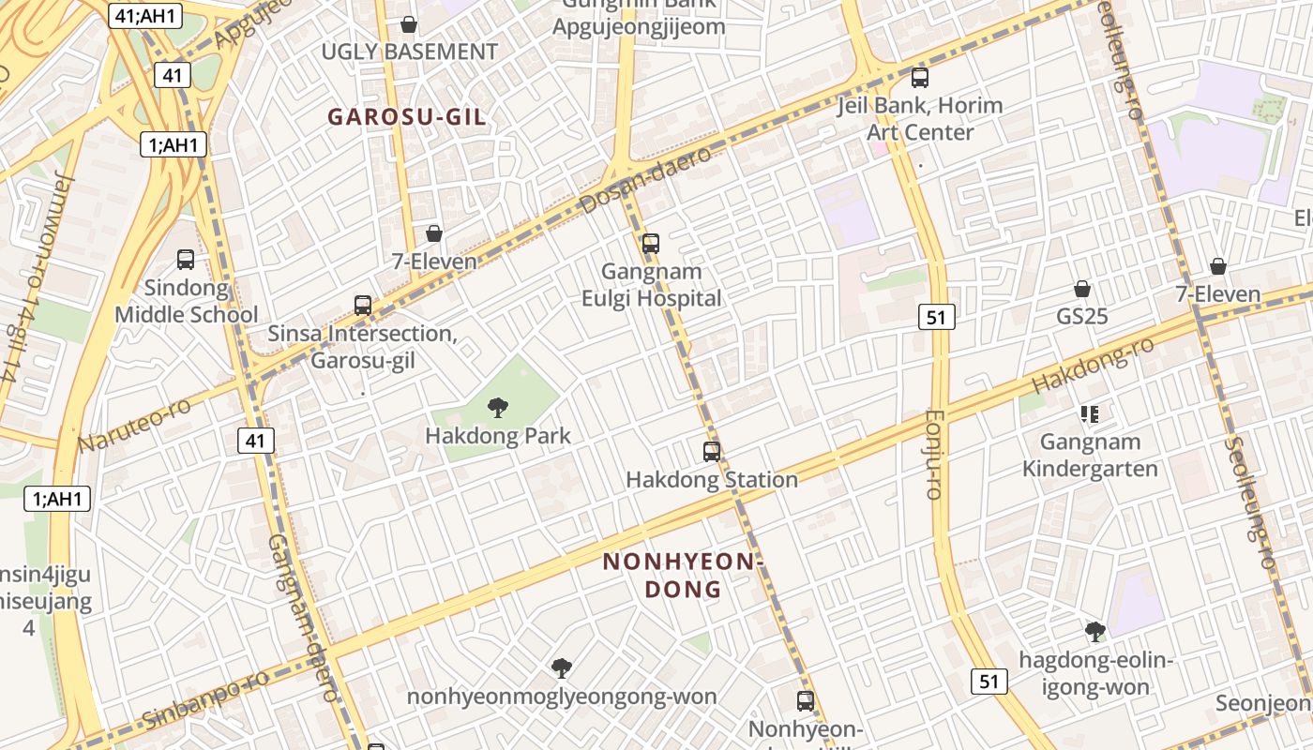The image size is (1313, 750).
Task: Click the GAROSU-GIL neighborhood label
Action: pyautogui.click(x=407, y=117)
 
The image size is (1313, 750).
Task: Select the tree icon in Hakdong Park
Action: pyautogui.click(x=498, y=408)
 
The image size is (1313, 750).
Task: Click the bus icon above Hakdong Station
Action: pyautogui.click(x=712, y=452)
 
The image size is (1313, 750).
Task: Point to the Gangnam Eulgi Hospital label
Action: pyautogui.click(x=652, y=285)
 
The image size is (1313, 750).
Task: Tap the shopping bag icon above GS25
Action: pyautogui.click(x=1082, y=289)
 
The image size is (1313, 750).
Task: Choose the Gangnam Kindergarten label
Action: pyautogui.click(x=1090, y=455)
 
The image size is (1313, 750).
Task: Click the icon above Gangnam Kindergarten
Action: pyautogui.click(x=1090, y=413)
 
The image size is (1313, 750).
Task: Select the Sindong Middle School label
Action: pyautogui.click(x=186, y=301)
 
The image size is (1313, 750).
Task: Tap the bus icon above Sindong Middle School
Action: pyautogui.click(x=186, y=260)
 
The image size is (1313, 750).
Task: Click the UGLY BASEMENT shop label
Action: pyautogui.click(x=410, y=52)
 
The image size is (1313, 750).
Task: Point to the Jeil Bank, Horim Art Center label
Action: pyautogui.click(x=920, y=118)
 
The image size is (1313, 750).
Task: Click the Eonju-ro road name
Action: pyautogui.click(x=933, y=454)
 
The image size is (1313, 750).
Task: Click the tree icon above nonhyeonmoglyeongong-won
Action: pyautogui.click(x=562, y=668)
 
